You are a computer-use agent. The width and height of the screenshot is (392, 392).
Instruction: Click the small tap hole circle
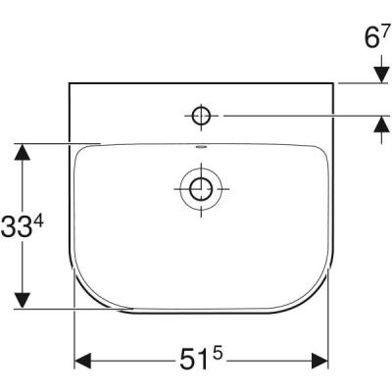pyautogui.click(x=201, y=117)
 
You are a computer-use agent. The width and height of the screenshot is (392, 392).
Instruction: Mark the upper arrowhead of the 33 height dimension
pyautogui.click(x=22, y=151)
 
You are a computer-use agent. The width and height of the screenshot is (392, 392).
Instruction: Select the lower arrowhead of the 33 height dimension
pyautogui.click(x=22, y=299)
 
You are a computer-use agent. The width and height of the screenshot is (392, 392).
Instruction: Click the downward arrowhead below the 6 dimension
pyautogui.click(x=379, y=75)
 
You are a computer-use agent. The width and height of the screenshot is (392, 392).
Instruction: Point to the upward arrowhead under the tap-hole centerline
pyautogui.click(x=379, y=124)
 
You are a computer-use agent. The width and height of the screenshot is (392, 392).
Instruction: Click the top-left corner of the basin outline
pyautogui.click(x=71, y=83)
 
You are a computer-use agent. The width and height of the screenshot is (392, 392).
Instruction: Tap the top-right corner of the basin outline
pyautogui.click(x=333, y=83)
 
